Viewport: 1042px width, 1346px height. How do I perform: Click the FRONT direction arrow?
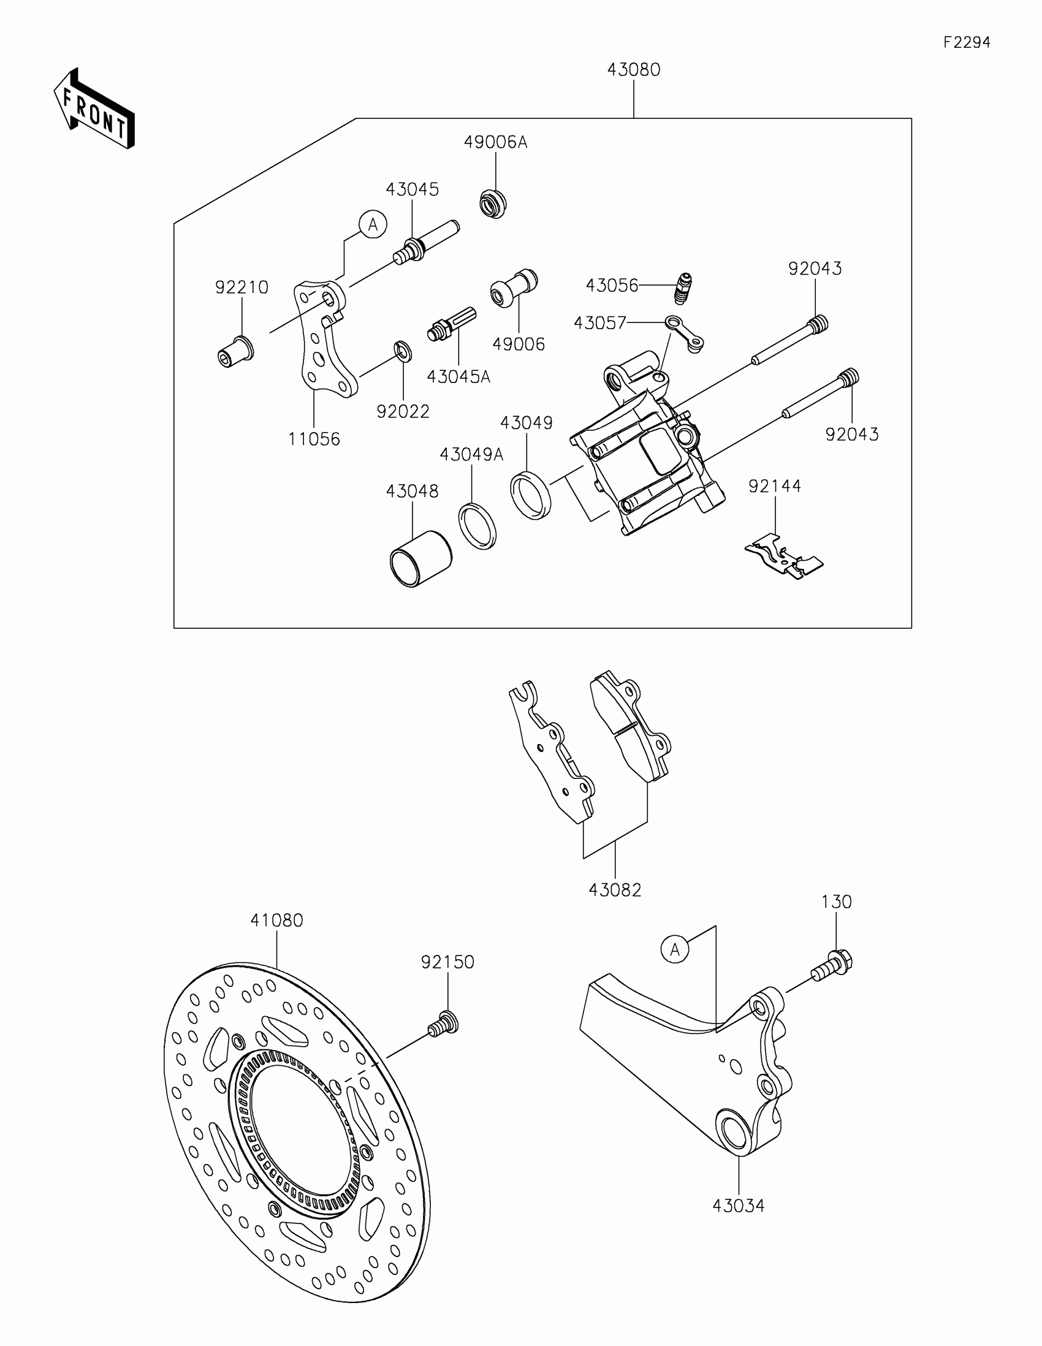click(94, 109)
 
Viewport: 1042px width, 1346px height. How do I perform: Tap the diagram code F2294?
click(966, 42)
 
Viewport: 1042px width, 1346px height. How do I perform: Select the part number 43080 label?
click(633, 70)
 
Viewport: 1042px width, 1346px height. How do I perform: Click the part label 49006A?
click(495, 142)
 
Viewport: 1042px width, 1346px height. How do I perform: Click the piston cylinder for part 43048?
click(420, 558)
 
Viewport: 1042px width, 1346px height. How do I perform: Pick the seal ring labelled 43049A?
click(477, 526)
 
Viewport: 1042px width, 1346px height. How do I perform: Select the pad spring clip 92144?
click(783, 556)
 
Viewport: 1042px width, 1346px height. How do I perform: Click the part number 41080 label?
click(276, 921)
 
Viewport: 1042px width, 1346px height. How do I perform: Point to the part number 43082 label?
click(615, 890)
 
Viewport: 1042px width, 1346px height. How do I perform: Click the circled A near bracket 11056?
click(373, 225)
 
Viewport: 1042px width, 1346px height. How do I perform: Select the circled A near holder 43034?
click(675, 949)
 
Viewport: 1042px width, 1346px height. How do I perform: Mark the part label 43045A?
click(458, 376)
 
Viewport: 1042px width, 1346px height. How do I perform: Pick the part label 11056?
click(314, 439)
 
